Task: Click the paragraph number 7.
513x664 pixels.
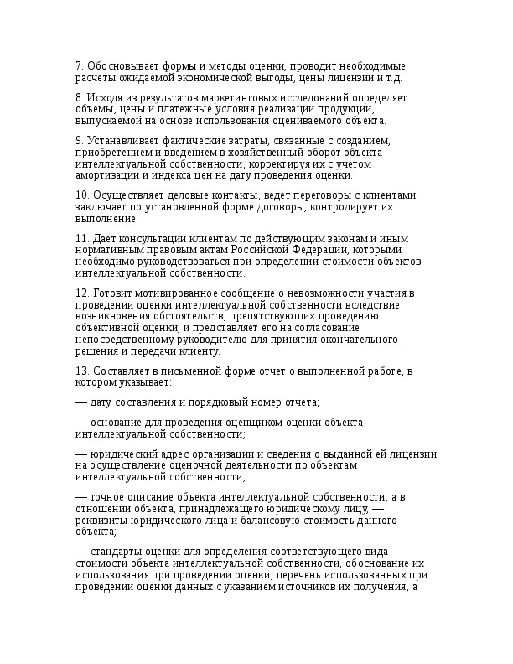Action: (79, 65)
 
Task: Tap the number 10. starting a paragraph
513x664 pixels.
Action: (83, 195)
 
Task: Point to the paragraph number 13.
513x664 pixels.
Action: (83, 371)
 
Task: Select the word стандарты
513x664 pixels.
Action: (115, 552)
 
